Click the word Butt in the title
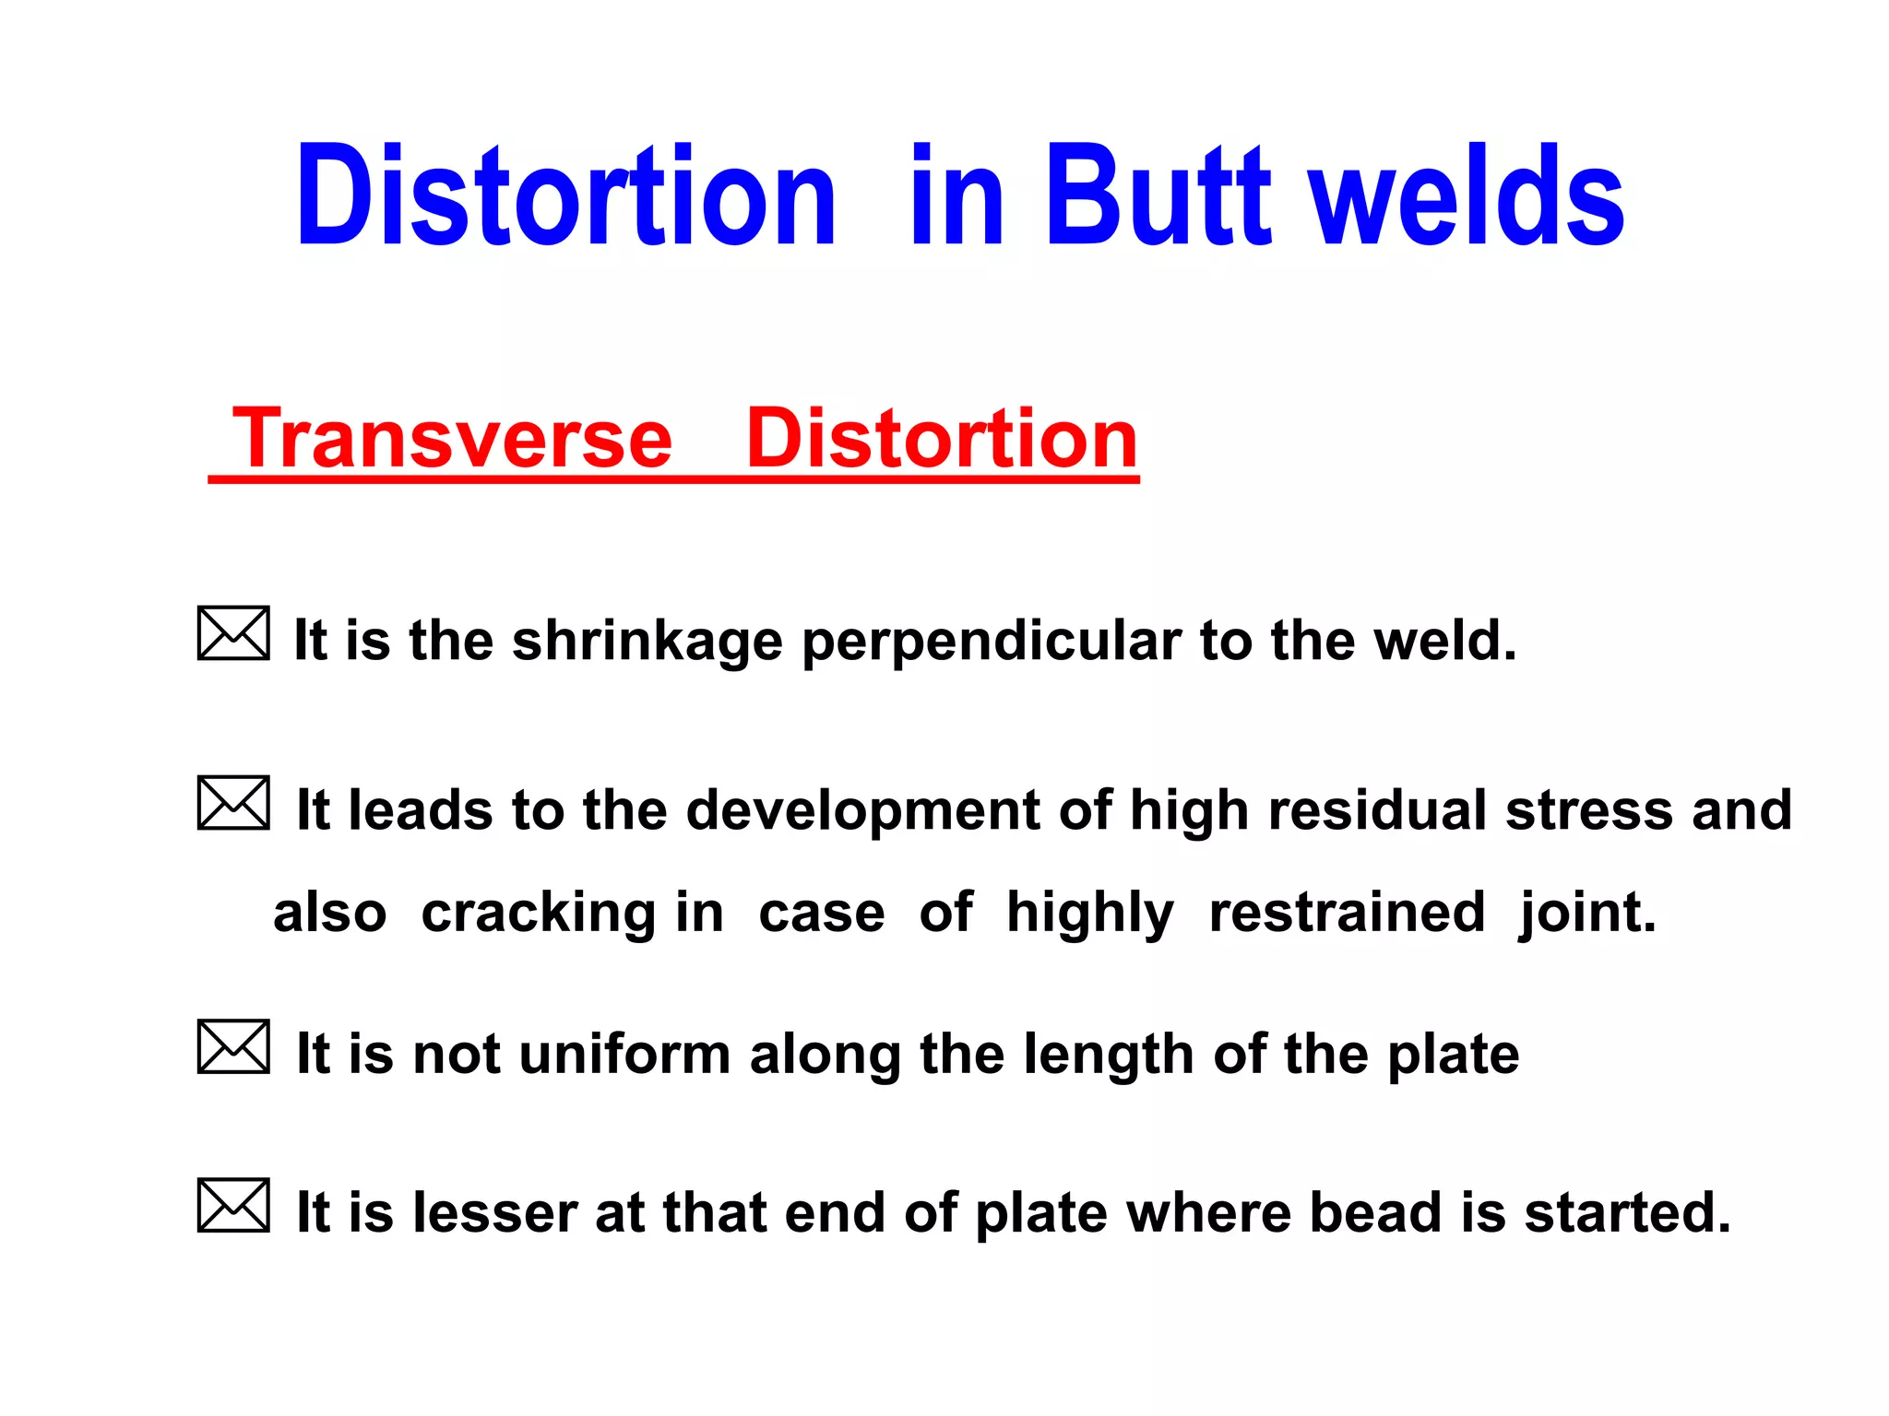tap(1158, 196)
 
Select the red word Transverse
tap(453, 440)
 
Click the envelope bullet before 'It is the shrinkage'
tap(233, 633)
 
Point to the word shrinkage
tap(647, 641)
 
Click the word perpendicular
tap(992, 643)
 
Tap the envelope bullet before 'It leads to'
tap(233, 803)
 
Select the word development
tap(862, 812)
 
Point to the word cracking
tap(539, 914)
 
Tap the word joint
tap(1587, 914)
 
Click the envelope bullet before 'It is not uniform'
tap(233, 1046)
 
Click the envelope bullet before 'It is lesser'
tap(233, 1205)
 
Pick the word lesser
tap(494, 1212)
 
